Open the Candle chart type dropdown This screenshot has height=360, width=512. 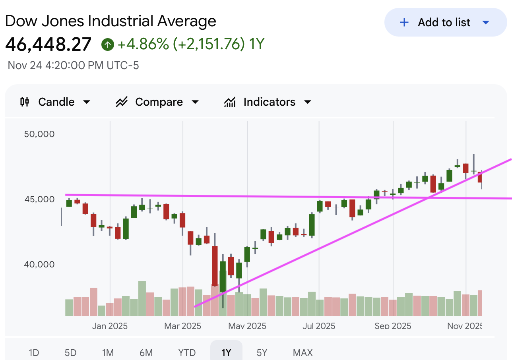click(x=55, y=102)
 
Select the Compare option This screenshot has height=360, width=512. click(x=157, y=102)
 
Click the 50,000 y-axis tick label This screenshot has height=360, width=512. click(x=39, y=134)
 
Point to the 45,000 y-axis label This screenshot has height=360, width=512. click(x=39, y=199)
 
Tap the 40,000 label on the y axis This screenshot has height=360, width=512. click(x=39, y=264)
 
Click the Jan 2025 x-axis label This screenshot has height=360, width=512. click(x=110, y=326)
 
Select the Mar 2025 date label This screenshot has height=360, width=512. click(x=183, y=326)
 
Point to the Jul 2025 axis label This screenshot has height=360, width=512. click(x=319, y=326)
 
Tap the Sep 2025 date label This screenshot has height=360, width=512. click(x=393, y=326)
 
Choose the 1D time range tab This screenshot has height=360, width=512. click(x=34, y=352)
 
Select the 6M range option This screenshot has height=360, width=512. click(x=146, y=352)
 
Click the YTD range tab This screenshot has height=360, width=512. click(x=187, y=352)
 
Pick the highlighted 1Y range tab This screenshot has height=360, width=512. click(x=226, y=352)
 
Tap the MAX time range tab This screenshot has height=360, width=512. click(x=303, y=352)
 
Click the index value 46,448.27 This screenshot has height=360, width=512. click(x=48, y=45)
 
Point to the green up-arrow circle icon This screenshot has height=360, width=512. click(x=107, y=45)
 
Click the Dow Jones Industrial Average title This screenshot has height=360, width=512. click(x=111, y=21)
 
